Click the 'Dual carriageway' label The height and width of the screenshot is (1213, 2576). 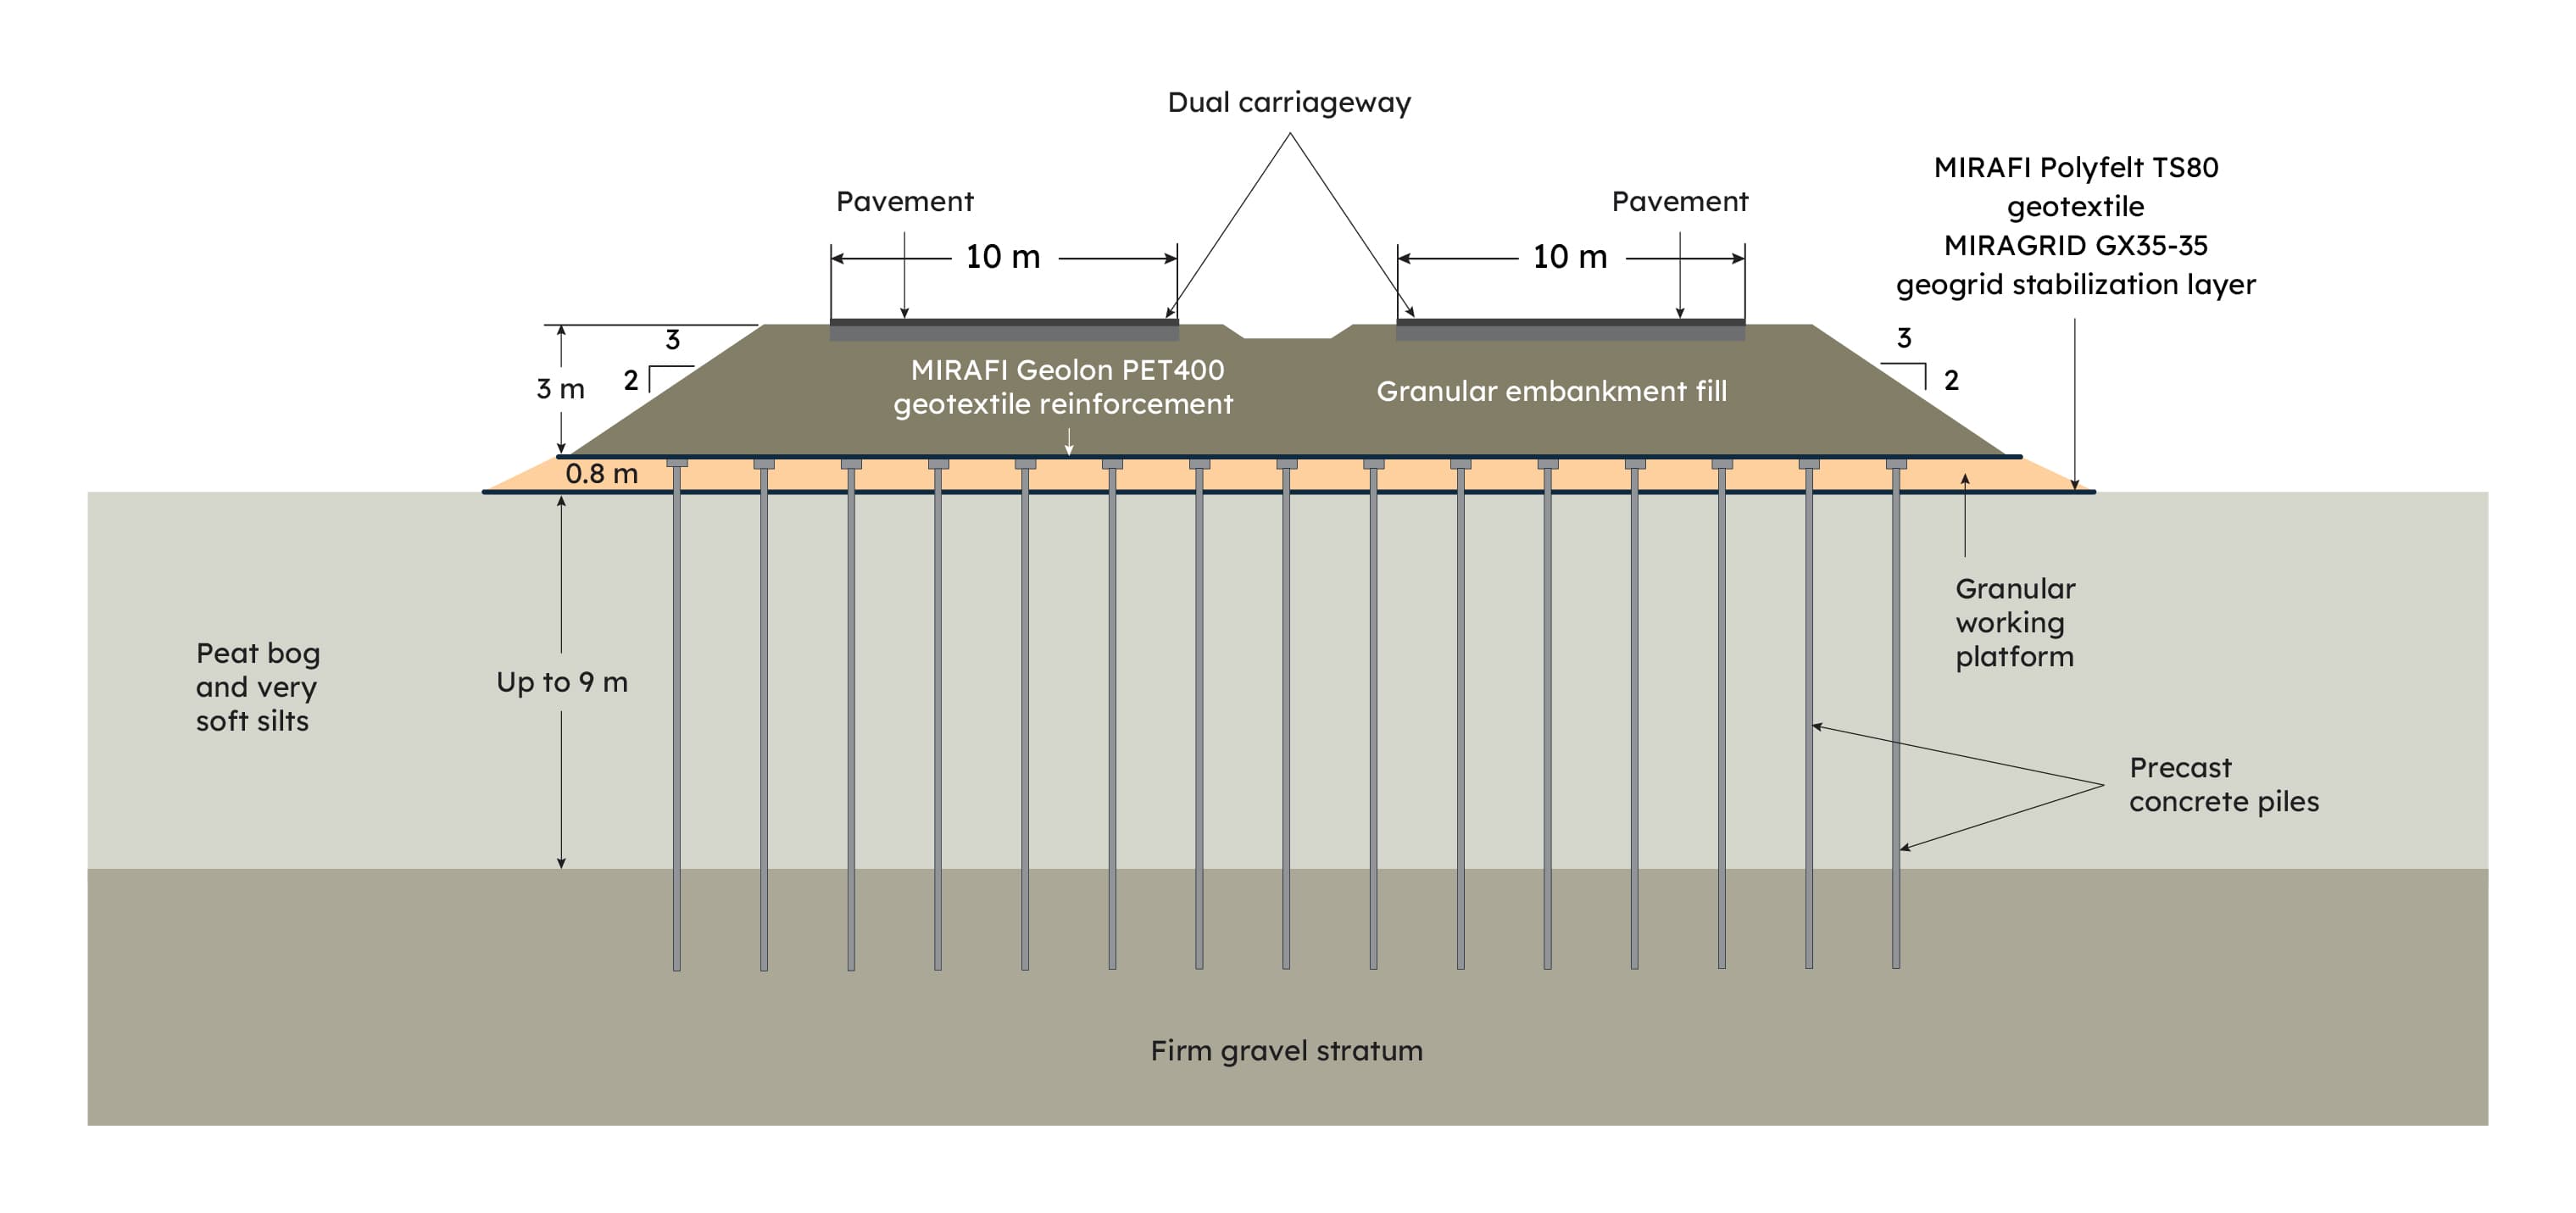(x=1288, y=103)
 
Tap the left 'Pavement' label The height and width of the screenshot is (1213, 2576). (x=904, y=202)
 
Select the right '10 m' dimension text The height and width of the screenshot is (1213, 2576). (x=1569, y=257)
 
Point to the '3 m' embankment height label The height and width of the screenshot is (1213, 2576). (x=560, y=389)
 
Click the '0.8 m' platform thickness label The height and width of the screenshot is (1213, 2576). (x=601, y=474)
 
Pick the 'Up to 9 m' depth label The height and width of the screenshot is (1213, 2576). (x=562, y=682)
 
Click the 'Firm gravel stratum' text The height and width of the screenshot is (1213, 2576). (x=1286, y=1051)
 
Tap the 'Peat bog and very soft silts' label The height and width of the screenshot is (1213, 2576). (x=257, y=687)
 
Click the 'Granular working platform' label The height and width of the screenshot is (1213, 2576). (x=2014, y=622)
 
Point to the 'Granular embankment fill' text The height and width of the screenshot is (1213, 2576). (x=1551, y=391)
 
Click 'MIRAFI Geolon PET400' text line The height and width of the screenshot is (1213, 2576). (x=1067, y=370)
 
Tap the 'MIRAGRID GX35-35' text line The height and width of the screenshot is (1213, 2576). (x=2075, y=245)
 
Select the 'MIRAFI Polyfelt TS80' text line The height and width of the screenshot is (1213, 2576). (x=2075, y=168)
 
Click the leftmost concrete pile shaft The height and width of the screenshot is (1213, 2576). (x=677, y=720)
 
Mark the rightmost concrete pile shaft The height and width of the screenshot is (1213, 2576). (x=1896, y=720)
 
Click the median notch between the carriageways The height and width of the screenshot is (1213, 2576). (x=1288, y=332)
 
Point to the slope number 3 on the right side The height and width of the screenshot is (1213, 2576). (x=1903, y=338)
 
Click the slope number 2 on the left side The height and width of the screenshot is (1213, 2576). (x=631, y=380)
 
